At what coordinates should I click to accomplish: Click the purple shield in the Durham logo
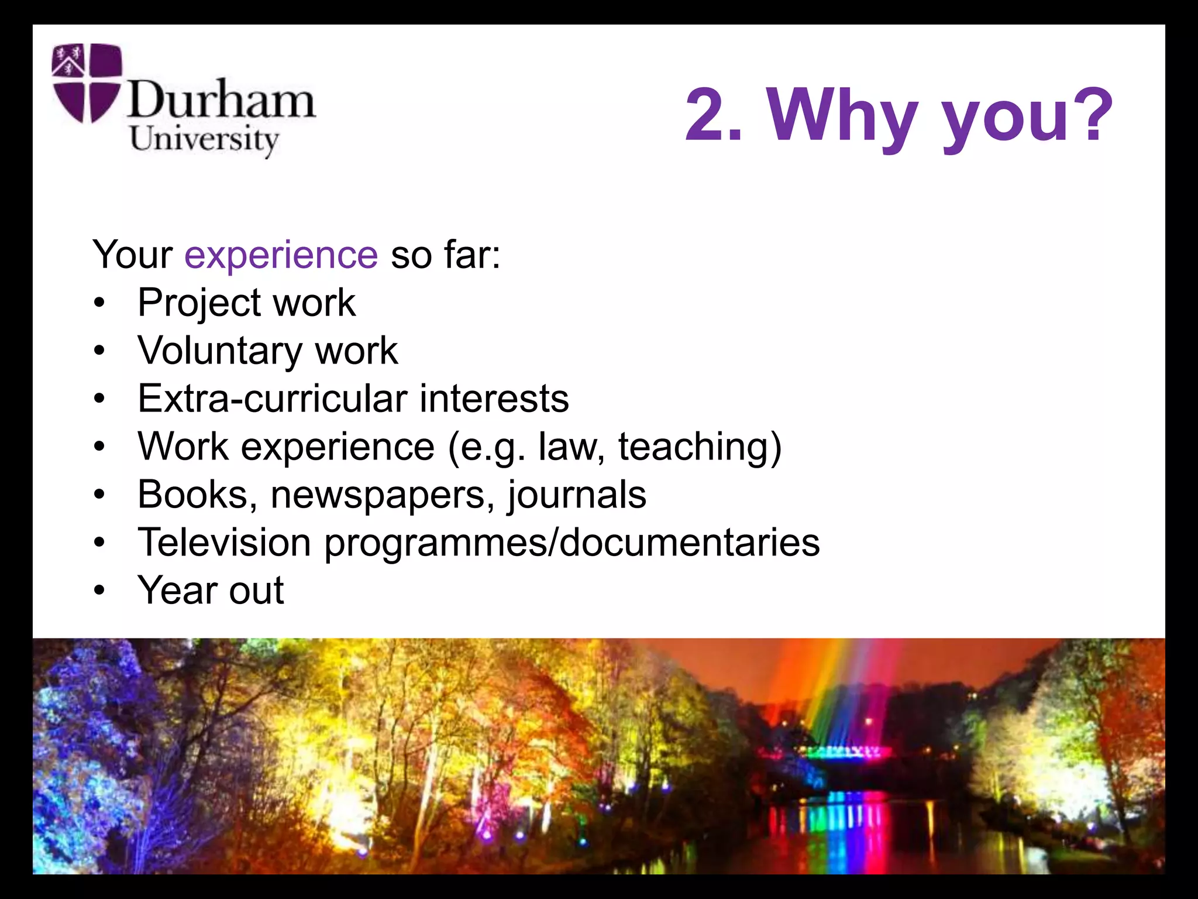coord(87,83)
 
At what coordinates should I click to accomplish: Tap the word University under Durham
coord(204,140)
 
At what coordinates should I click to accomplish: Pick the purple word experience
coord(281,255)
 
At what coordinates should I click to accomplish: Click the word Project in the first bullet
coord(199,304)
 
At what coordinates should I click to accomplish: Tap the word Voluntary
coord(219,352)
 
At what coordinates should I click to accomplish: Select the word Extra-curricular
coord(272,399)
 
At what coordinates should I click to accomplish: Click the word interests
coord(494,399)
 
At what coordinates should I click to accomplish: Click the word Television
coord(224,543)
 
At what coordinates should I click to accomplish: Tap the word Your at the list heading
coord(132,255)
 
